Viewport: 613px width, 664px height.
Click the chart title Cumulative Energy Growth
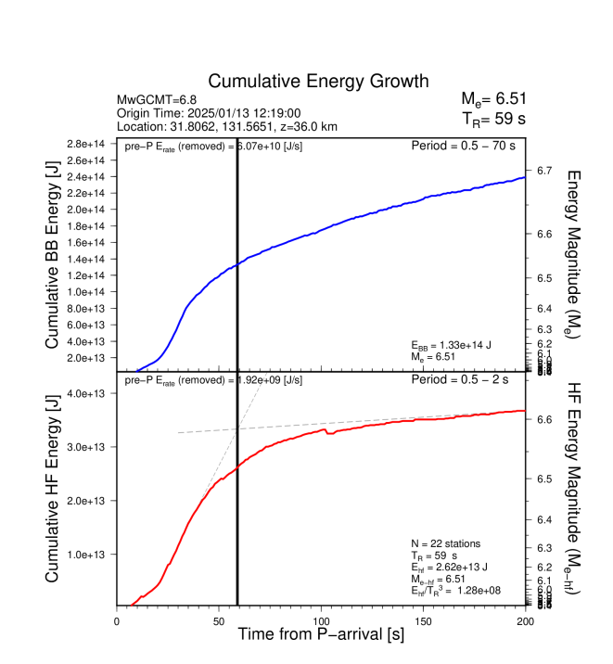click(x=318, y=81)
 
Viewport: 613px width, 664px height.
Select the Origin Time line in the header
click(x=208, y=112)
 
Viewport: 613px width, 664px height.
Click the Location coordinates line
click(x=226, y=125)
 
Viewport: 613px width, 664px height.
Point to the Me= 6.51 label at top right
click(x=493, y=99)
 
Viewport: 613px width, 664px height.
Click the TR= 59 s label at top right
click(x=493, y=118)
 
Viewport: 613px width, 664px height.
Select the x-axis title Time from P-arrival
click(x=320, y=635)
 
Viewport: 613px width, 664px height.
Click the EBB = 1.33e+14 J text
click(x=452, y=345)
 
